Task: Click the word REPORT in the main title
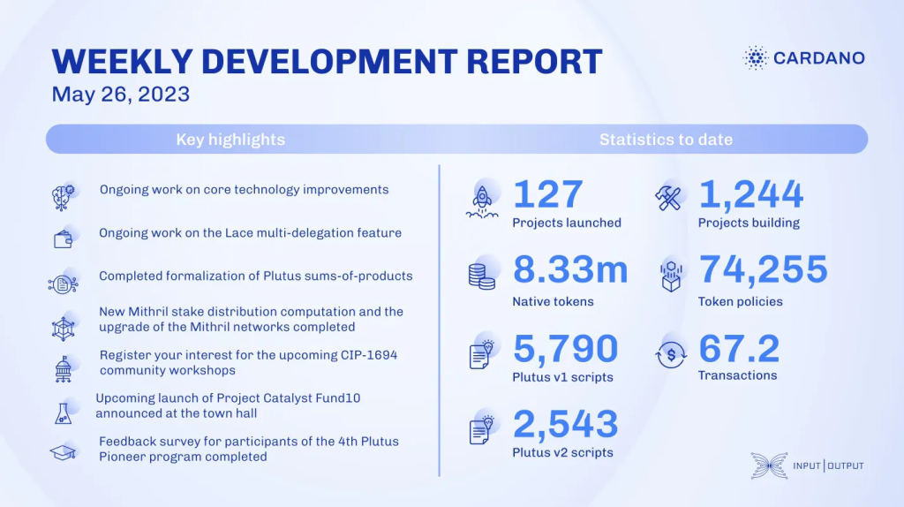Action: [x=534, y=62]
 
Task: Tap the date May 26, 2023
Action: [x=120, y=94]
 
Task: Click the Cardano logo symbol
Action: [x=756, y=57]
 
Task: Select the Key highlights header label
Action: [x=230, y=140]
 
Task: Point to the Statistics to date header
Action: [x=666, y=140]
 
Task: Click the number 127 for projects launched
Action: [x=547, y=193]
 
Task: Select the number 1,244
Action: [x=750, y=194]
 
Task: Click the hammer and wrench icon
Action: [x=668, y=198]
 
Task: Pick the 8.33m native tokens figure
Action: [x=570, y=269]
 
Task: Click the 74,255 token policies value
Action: [x=763, y=269]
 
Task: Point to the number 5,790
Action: [x=565, y=348]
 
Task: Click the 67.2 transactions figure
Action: [x=739, y=348]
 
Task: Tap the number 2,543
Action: [x=565, y=424]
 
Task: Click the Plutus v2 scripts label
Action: [x=562, y=453]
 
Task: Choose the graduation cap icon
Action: [x=63, y=452]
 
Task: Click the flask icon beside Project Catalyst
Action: [x=63, y=413]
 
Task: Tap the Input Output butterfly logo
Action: [x=769, y=465]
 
